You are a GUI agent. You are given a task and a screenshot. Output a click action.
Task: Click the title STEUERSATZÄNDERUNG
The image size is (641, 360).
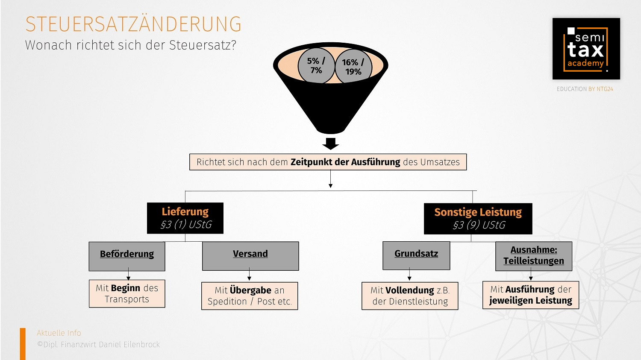(133, 24)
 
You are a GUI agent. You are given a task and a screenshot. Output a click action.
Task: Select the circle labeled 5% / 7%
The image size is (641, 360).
(316, 66)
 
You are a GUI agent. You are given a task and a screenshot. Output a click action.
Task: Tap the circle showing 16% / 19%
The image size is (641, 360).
(353, 67)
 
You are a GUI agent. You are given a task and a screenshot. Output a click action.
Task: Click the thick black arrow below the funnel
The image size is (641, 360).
(330, 143)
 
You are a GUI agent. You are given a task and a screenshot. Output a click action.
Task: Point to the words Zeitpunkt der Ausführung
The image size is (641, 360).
(345, 162)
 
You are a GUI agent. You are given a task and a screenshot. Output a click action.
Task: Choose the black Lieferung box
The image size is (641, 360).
(185, 218)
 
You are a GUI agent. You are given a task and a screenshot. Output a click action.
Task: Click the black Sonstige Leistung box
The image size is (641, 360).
(478, 219)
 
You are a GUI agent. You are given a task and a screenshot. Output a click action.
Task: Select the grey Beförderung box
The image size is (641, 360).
(127, 256)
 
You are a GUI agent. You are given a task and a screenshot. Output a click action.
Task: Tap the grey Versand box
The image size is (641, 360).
(250, 256)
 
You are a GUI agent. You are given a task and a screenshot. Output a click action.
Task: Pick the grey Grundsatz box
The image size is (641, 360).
(416, 255)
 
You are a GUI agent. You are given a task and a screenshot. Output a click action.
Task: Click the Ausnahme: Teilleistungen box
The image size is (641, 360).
(534, 256)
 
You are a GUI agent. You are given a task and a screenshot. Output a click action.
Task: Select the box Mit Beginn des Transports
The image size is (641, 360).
(127, 294)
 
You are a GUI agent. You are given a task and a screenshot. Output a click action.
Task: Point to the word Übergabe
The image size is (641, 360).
(250, 290)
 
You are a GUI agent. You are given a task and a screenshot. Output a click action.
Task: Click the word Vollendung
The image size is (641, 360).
(409, 290)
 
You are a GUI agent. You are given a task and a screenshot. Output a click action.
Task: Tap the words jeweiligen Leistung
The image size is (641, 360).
(530, 301)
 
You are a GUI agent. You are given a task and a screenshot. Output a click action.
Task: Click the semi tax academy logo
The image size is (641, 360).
(586, 49)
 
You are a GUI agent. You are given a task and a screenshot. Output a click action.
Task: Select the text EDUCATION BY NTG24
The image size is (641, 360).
(585, 89)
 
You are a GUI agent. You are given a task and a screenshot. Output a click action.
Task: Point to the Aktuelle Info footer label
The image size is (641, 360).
(59, 333)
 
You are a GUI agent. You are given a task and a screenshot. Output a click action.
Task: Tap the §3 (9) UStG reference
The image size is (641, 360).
(479, 225)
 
